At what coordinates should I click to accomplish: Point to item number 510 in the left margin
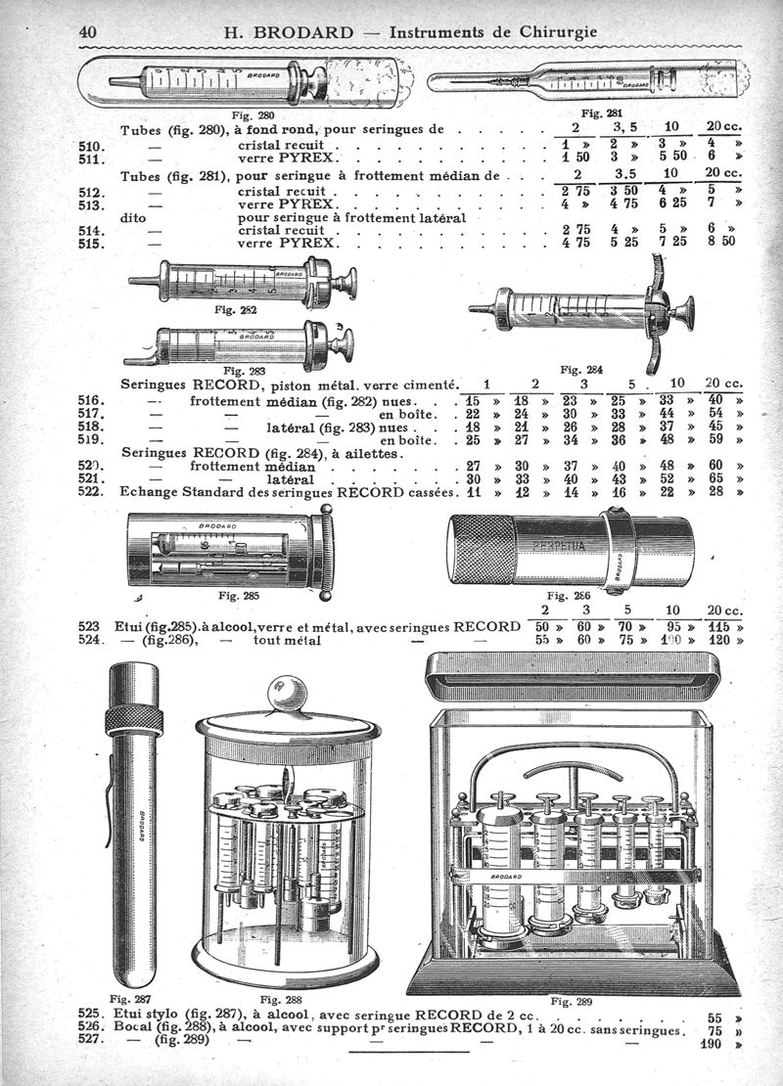(90, 144)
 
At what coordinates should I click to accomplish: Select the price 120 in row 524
(719, 641)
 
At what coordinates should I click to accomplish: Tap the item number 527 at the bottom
(90, 1042)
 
